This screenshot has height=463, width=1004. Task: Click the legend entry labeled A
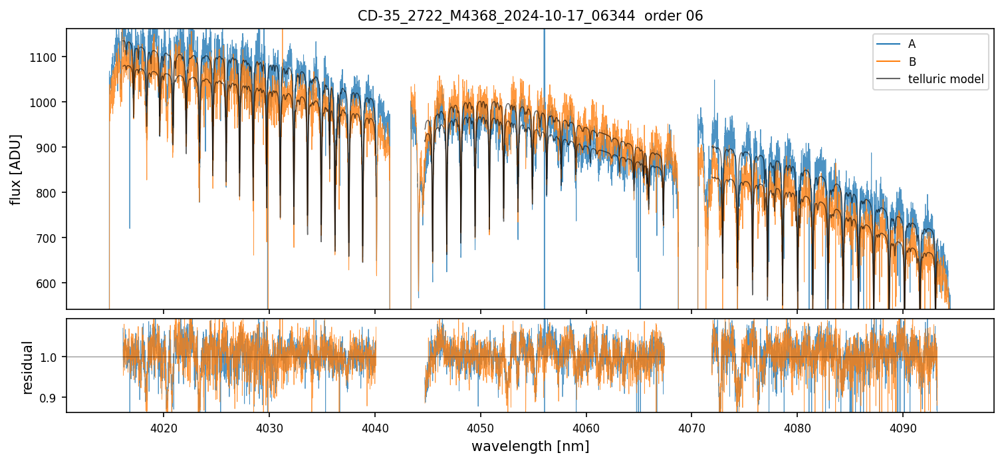912,44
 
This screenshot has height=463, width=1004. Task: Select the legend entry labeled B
912,62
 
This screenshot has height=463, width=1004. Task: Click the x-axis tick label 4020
164,428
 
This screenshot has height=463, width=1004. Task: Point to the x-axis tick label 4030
269,428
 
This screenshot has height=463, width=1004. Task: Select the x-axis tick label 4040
374,428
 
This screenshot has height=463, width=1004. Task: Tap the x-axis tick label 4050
480,428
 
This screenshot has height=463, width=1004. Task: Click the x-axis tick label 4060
586,428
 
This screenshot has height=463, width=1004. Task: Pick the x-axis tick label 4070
691,428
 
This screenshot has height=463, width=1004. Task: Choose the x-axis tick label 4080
797,428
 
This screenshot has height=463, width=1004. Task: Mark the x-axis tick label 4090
903,428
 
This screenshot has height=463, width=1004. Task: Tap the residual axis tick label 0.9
52,398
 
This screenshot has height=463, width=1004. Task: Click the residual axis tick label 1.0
52,357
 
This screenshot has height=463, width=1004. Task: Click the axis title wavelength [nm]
530,446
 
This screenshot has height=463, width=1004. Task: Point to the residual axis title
27,367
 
